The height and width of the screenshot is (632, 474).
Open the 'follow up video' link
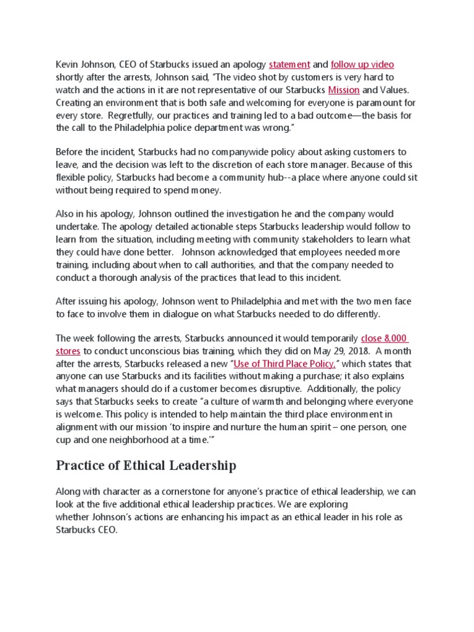click(x=362, y=64)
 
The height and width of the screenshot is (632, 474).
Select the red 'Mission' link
click(x=344, y=89)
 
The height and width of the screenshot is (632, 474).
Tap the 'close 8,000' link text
click(x=385, y=338)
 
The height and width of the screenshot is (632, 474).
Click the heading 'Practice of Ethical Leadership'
click(x=146, y=465)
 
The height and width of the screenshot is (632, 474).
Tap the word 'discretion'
click(x=240, y=165)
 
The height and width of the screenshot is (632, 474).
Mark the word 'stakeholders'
click(x=301, y=239)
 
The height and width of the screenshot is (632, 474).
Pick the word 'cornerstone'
click(x=173, y=491)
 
